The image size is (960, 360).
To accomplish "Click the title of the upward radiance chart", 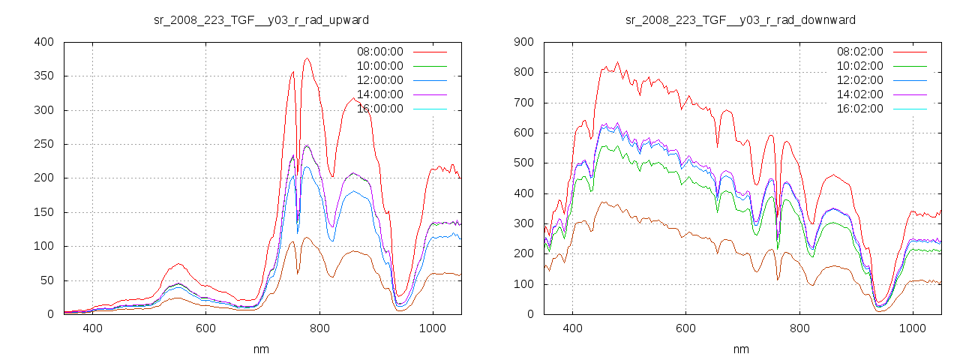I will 261,19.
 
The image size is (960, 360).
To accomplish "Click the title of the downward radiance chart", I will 740,19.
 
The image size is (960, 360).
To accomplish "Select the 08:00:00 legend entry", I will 379,52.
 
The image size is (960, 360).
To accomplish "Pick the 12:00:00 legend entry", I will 379,80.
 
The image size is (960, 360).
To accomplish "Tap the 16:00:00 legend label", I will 379,109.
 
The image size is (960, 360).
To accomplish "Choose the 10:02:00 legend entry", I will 859,66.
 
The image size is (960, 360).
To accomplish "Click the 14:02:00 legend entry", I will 859,94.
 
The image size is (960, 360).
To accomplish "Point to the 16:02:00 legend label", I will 859,109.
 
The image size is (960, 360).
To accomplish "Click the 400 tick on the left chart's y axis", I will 43,42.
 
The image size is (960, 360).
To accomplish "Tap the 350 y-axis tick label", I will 43,76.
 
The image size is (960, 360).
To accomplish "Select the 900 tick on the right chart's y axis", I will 524,42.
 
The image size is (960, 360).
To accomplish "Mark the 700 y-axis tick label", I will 524,103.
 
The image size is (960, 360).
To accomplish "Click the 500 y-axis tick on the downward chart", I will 524,163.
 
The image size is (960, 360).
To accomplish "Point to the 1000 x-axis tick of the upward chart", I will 433,328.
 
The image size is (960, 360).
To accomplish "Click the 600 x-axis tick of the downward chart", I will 685,328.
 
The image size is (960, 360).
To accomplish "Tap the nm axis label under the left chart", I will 261,349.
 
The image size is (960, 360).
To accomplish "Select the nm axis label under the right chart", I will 741,349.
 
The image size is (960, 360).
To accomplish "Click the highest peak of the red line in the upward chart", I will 307,58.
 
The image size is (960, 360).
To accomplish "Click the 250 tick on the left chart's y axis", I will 43,144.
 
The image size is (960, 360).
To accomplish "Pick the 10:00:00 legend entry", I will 379,66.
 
